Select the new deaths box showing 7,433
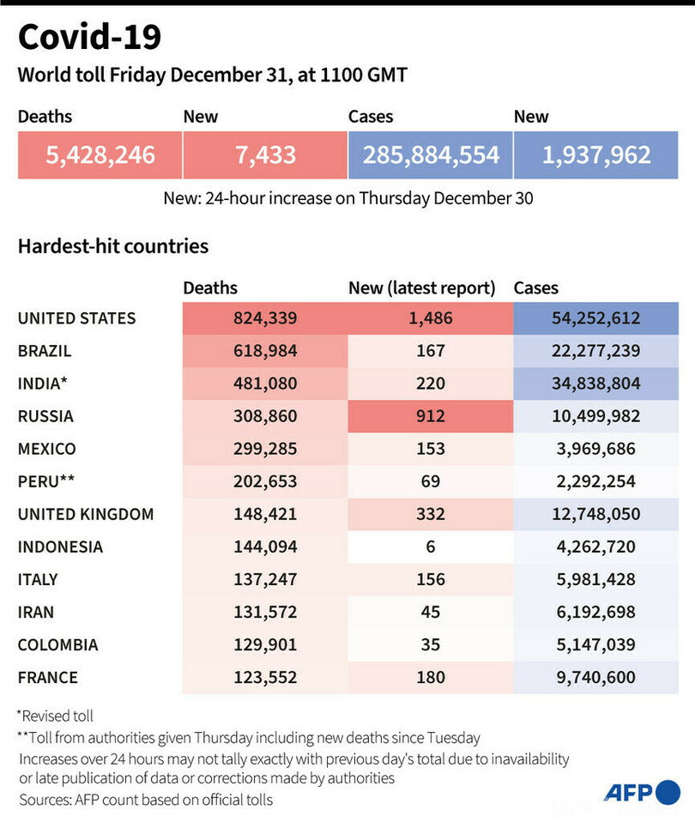(x=264, y=154)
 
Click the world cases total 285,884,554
(x=430, y=154)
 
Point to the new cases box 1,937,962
(x=595, y=154)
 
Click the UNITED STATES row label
(x=76, y=318)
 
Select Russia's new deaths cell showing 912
(x=430, y=416)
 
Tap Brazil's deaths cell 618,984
(x=264, y=351)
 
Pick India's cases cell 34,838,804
(x=595, y=384)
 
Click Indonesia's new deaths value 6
(x=430, y=547)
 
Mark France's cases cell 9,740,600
(x=595, y=677)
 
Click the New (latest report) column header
(x=421, y=288)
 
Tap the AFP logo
(x=642, y=791)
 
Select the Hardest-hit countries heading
(x=113, y=246)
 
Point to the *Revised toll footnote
(x=55, y=716)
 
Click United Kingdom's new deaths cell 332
(x=430, y=514)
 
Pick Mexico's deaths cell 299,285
(x=264, y=449)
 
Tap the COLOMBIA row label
(x=57, y=644)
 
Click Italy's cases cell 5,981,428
(x=595, y=579)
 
